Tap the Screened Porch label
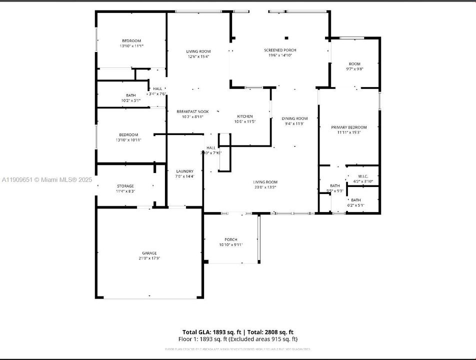pyautogui.click(x=280, y=50)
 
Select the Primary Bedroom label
pyautogui.click(x=349, y=127)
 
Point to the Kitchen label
pyautogui.click(x=245, y=116)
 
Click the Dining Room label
pyautogui.click(x=294, y=118)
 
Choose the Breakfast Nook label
pyautogui.click(x=192, y=111)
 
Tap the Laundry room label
pyautogui.click(x=184, y=171)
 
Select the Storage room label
pyautogui.click(x=125, y=186)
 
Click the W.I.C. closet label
pyautogui.click(x=363, y=176)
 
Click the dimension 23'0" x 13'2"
pyautogui.click(x=265, y=187)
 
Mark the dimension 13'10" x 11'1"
pyautogui.click(x=131, y=46)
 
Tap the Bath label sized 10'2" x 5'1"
pyautogui.click(x=130, y=95)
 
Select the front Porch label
pyautogui.click(x=231, y=239)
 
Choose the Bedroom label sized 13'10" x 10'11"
pyautogui.click(x=128, y=135)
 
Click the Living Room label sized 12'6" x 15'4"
pyautogui.click(x=198, y=51)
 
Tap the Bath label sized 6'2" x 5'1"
pyautogui.click(x=356, y=200)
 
